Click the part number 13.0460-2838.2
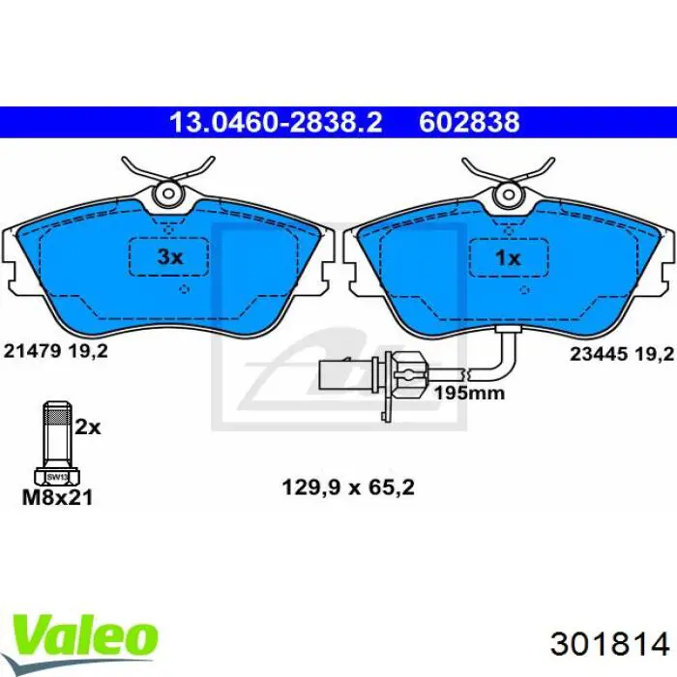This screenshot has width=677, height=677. [x=276, y=123]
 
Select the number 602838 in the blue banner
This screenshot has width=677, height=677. [x=469, y=123]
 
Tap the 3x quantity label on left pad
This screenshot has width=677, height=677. [x=170, y=258]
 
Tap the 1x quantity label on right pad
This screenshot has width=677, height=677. [x=508, y=258]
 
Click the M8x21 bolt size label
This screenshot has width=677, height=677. [x=58, y=499]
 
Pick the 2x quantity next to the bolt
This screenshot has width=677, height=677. [x=88, y=427]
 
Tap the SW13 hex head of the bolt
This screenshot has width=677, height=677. [x=57, y=477]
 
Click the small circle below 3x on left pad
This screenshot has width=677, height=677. [x=185, y=288]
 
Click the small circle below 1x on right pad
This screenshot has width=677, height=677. [x=522, y=288]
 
